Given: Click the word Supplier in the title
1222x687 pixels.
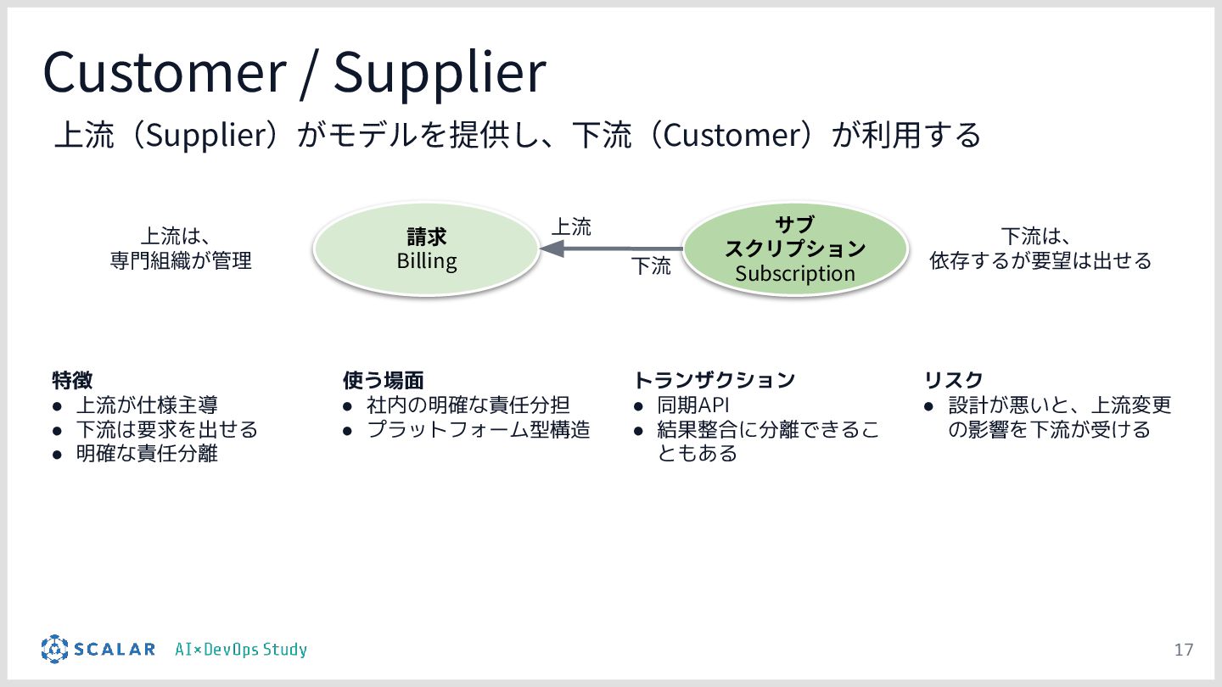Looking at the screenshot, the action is tap(439, 72).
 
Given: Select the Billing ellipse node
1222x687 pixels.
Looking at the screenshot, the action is tap(427, 248).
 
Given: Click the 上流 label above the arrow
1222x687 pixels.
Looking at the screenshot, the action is tap(571, 226).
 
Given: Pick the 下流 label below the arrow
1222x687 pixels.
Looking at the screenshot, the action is tap(651, 266).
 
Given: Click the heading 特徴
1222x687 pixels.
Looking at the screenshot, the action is tap(72, 379).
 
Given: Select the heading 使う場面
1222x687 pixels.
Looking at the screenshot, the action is tap(383, 379).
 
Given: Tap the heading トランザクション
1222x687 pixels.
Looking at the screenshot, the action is tap(715, 379).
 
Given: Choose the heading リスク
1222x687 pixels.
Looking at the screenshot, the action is tap(953, 379).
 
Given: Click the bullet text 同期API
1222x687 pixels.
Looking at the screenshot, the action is tap(693, 405).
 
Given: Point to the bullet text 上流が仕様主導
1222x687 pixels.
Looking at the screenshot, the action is tap(147, 405).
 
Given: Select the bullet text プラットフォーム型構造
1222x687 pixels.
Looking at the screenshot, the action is tap(478, 429).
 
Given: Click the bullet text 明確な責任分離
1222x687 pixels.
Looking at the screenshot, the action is tap(147, 453).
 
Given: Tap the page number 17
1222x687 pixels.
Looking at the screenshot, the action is tap(1183, 651).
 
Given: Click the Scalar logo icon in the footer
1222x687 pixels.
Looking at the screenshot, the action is tap(53, 649).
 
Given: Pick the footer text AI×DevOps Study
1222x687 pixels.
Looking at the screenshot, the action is tap(241, 650).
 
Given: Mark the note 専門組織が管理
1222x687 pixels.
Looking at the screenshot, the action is tap(181, 260).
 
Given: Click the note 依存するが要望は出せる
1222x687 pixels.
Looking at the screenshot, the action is tap(1040, 260).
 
